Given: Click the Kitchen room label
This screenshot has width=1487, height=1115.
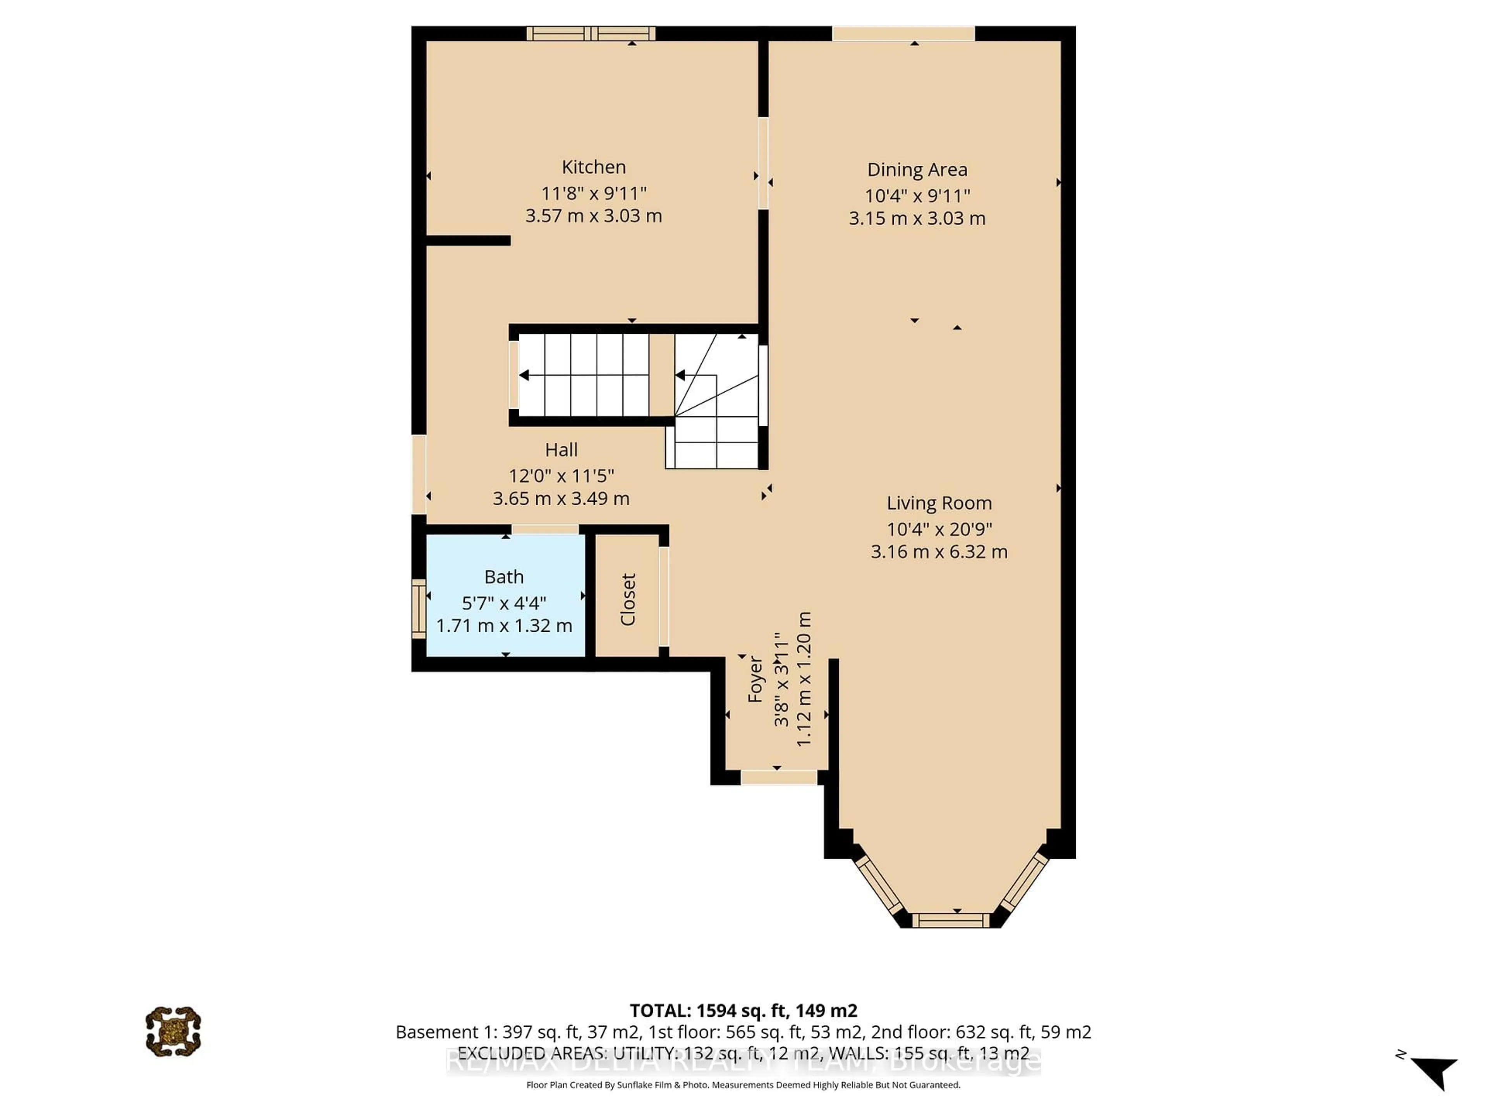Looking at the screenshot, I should click(594, 167).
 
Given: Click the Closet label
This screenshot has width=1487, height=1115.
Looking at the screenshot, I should click(628, 599).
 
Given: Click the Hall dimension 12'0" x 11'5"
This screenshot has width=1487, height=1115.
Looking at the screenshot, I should click(561, 476).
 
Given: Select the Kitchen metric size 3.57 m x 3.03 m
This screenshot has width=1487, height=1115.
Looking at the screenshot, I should click(594, 216).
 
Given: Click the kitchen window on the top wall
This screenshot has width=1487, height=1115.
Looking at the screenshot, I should click(590, 33).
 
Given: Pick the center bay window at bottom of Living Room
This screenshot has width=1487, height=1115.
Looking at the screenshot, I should click(951, 920).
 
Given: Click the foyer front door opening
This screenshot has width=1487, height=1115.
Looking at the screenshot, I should click(778, 777).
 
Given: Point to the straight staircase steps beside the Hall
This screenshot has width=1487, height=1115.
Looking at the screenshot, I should click(584, 375).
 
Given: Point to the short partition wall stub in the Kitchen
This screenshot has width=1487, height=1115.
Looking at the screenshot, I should click(469, 240).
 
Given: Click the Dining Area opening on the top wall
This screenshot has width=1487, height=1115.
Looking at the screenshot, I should click(903, 33).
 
